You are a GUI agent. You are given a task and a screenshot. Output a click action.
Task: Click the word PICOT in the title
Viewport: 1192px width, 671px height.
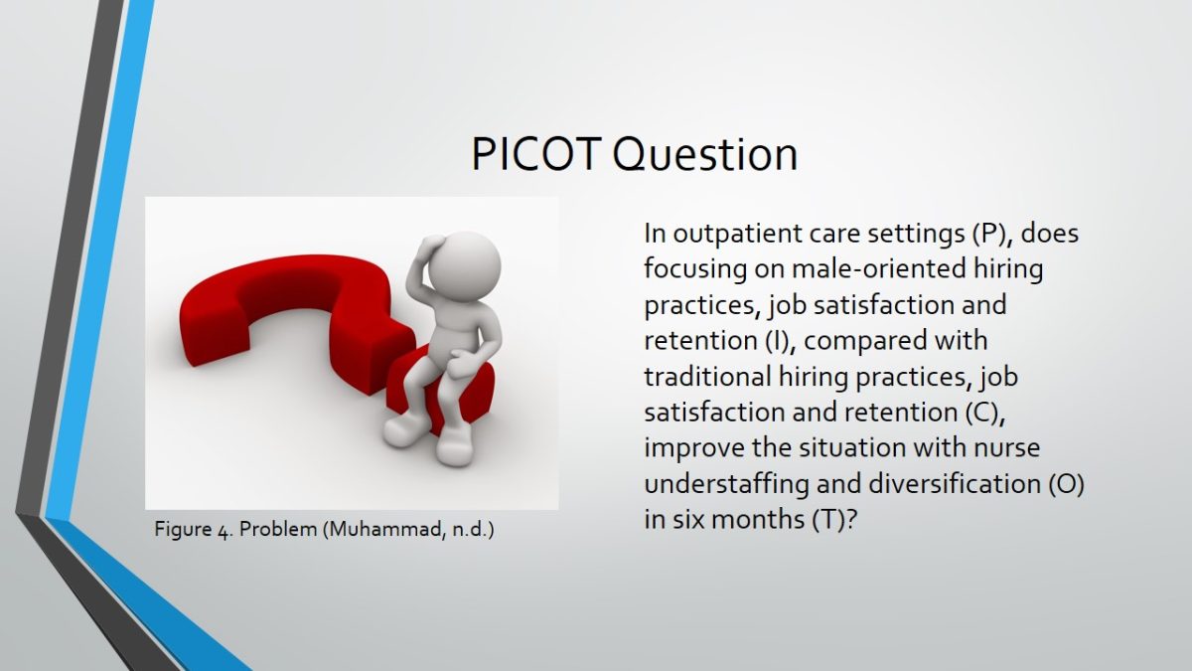[x=536, y=154]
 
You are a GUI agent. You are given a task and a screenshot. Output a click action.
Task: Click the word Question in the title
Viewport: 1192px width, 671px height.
[x=705, y=154]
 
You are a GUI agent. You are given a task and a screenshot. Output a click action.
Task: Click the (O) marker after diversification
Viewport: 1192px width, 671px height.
[x=1066, y=483]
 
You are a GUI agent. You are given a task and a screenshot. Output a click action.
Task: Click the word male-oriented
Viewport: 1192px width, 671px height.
[x=878, y=269]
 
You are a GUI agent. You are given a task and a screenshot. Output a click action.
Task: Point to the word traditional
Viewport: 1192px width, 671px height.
[x=707, y=377]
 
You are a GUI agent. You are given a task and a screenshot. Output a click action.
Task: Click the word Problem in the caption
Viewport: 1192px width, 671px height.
[x=278, y=529]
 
